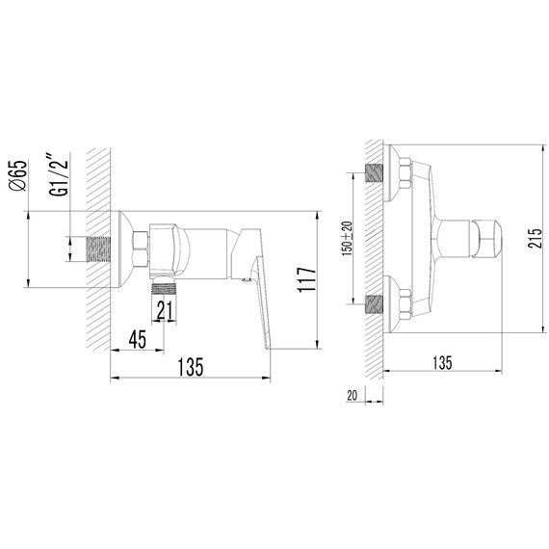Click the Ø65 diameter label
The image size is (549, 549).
click(x=18, y=175)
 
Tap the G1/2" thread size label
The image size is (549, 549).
click(x=58, y=174)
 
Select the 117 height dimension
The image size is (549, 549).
click(x=306, y=279)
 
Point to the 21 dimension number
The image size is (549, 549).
click(x=165, y=310)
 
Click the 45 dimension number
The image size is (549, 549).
click(x=137, y=340)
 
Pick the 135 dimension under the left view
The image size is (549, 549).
click(x=190, y=367)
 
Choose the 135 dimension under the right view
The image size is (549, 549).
click(x=442, y=363)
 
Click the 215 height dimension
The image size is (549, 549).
click(x=535, y=239)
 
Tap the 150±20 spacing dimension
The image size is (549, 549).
click(x=348, y=239)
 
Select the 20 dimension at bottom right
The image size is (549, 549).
click(x=352, y=396)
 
